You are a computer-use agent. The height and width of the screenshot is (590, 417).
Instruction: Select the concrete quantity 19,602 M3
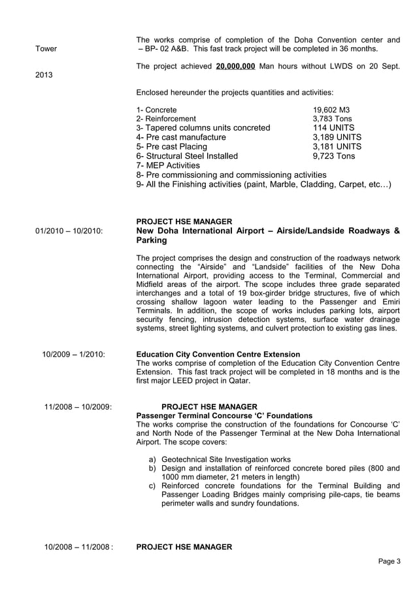332,110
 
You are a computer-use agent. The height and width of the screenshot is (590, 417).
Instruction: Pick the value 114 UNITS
334,128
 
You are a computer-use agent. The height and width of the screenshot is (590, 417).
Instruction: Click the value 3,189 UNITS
337,137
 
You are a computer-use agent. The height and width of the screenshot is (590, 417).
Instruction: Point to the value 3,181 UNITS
337,147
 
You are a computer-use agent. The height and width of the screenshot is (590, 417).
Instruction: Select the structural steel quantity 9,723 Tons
334,156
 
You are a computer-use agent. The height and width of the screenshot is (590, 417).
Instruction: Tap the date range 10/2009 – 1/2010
73,354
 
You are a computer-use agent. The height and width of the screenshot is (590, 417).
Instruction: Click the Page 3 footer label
390,561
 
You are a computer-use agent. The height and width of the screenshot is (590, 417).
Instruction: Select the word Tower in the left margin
46,48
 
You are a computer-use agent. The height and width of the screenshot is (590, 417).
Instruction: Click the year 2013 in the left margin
44,74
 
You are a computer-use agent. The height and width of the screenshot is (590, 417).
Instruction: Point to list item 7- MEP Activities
168,166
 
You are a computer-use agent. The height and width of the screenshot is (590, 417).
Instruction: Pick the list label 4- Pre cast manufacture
181,137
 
